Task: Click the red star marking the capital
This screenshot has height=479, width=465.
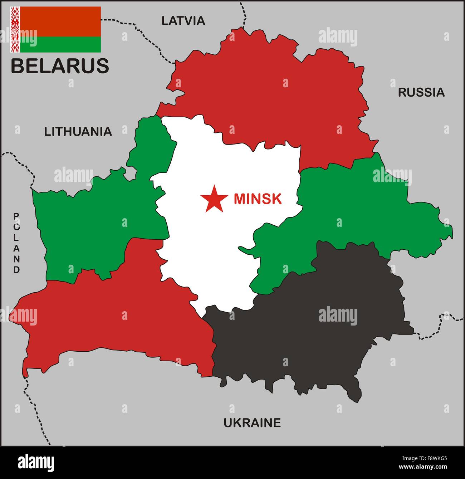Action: tap(214, 199)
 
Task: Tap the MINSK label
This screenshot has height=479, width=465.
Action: tap(258, 199)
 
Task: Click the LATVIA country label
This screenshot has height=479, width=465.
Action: tap(183, 21)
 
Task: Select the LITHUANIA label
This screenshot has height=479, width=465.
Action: tap(78, 132)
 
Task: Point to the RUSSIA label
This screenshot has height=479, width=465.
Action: tap(421, 92)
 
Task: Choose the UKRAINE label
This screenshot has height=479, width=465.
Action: tap(252, 423)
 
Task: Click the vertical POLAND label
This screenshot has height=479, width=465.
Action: tap(16, 243)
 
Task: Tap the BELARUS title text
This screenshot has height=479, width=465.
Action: tap(60, 66)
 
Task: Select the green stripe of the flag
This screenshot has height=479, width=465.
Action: tap(60, 44)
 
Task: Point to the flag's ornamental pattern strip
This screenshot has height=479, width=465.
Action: tap(15, 29)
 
